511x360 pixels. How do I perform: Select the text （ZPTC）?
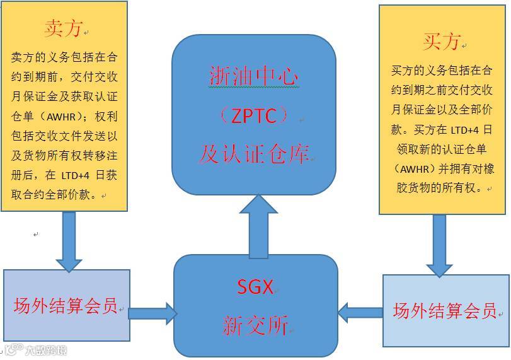pos(253,115)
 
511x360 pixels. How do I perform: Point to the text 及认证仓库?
pos(253,153)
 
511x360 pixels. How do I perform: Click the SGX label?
pos(255,287)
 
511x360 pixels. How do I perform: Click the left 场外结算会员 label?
pos(66,306)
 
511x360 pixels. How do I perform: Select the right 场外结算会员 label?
pos(444,311)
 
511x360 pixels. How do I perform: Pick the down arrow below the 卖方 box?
pos(69,242)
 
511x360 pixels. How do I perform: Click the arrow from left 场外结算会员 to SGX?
pos(151,312)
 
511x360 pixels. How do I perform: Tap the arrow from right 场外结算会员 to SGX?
pos(360,312)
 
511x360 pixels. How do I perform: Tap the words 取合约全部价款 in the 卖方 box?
pos(53,195)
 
